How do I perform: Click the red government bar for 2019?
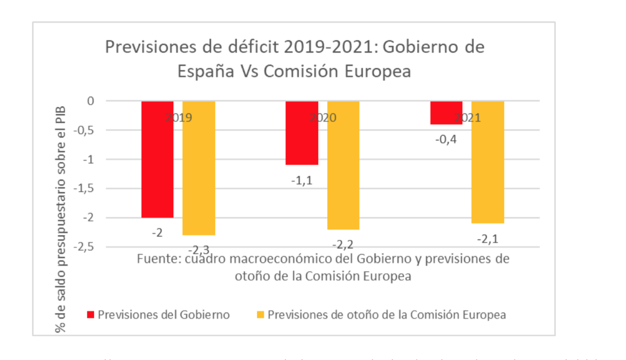[157, 159]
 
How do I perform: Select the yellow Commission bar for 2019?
[199, 168]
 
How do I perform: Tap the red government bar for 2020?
[302, 133]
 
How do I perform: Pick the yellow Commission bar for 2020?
[343, 165]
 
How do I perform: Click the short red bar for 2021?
[446, 113]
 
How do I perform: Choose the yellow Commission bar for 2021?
[488, 162]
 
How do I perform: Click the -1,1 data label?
[301, 180]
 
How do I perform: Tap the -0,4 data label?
[445, 139]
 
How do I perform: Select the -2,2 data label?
[343, 244]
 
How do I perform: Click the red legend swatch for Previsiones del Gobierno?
[91, 315]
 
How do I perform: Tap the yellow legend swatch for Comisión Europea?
[260, 315]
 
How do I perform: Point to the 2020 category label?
[322, 118]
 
